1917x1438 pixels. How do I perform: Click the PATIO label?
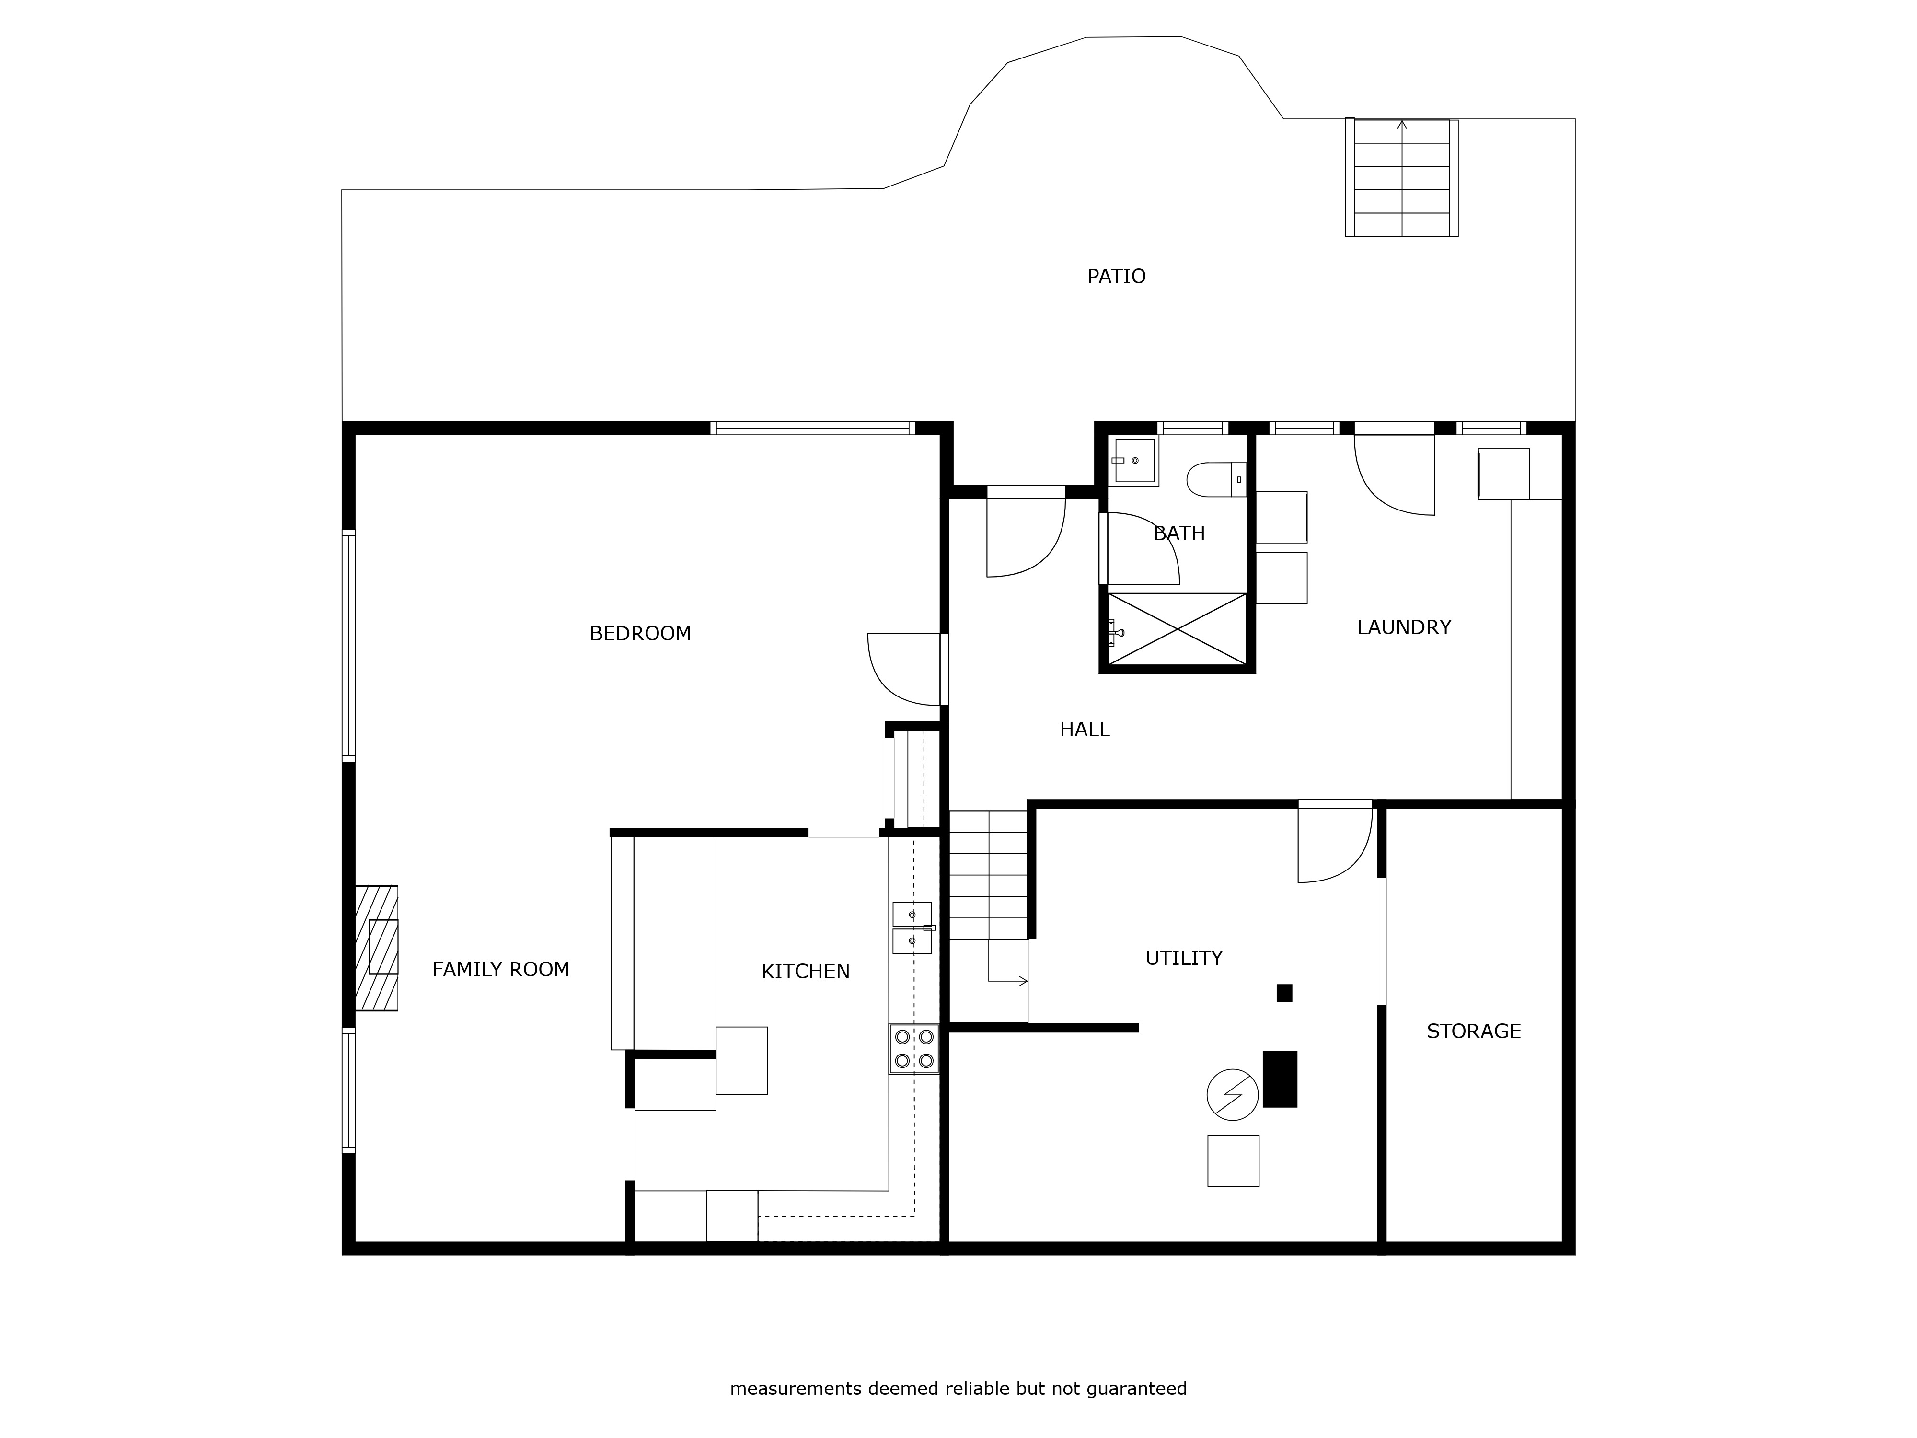pyautogui.click(x=1116, y=277)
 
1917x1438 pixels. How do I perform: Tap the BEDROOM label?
pyautogui.click(x=640, y=634)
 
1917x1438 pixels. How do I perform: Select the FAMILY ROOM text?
pyautogui.click(x=501, y=970)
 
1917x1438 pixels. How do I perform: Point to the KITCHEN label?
pyautogui.click(x=805, y=972)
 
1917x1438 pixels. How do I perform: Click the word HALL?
pyautogui.click(x=1084, y=730)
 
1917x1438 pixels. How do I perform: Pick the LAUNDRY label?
pyautogui.click(x=1404, y=627)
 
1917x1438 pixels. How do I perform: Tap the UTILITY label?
pyautogui.click(x=1184, y=958)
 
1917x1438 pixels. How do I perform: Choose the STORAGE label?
pyautogui.click(x=1473, y=1032)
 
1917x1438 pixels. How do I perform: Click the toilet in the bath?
pyautogui.click(x=1216, y=479)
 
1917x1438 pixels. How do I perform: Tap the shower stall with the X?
pyautogui.click(x=1177, y=628)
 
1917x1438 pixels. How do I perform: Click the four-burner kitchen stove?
pyautogui.click(x=913, y=1049)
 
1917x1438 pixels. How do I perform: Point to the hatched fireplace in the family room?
pyautogui.click(x=376, y=947)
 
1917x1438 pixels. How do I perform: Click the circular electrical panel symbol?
pyautogui.click(x=1232, y=1095)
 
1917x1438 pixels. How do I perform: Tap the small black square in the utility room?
pyautogui.click(x=1284, y=993)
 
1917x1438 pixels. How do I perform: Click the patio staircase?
pyautogui.click(x=1401, y=178)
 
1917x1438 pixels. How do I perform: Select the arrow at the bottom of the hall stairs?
pyautogui.click(x=1008, y=981)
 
